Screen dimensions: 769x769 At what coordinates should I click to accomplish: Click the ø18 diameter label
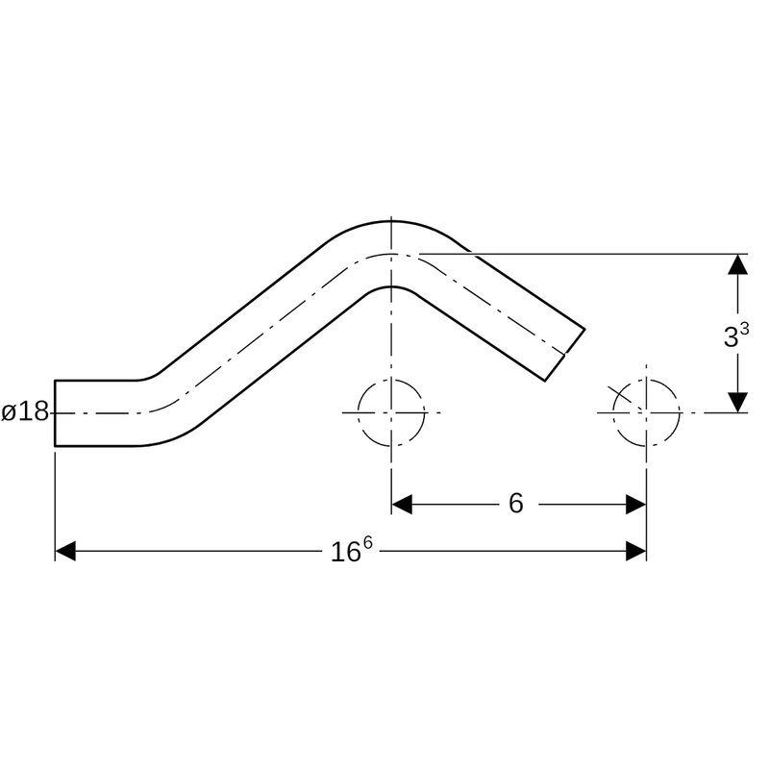tap(25, 412)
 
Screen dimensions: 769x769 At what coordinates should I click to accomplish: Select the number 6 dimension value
tap(515, 503)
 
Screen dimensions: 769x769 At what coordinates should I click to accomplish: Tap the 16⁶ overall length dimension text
tap(352, 550)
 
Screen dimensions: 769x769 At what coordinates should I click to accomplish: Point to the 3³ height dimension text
tap(735, 335)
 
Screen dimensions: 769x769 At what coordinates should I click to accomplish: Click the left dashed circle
tap(358, 412)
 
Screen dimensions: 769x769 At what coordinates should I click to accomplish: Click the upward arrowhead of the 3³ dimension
tap(737, 263)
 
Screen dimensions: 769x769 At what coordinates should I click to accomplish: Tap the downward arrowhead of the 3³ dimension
tap(737, 403)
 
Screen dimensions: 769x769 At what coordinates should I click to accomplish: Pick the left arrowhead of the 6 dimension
tap(402, 504)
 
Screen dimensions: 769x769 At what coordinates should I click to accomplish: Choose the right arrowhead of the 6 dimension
tap(636, 504)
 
